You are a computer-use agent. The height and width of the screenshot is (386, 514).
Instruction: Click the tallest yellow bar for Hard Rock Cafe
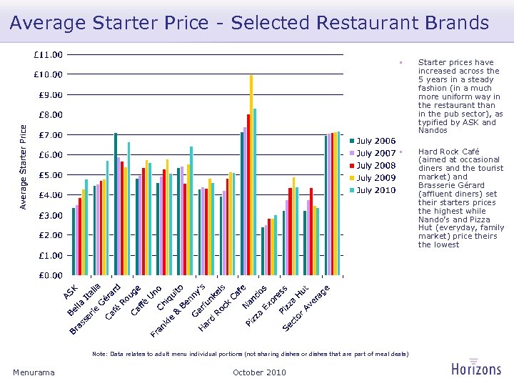point(251,175)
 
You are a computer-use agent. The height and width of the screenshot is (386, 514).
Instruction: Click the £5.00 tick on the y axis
point(50,175)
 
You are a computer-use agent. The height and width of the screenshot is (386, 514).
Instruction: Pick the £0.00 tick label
point(50,275)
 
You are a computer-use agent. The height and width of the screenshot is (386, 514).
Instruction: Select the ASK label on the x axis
point(71,292)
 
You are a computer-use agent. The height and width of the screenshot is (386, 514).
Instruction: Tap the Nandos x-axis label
point(255,297)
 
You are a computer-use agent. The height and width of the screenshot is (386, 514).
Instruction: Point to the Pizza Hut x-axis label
point(293,300)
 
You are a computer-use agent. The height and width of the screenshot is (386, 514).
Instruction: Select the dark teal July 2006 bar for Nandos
point(263,251)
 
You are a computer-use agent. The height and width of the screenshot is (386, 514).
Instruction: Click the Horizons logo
point(476,368)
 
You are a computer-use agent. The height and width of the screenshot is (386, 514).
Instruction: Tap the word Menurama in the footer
point(34,372)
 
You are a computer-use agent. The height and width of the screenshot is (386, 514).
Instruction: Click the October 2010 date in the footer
point(259,372)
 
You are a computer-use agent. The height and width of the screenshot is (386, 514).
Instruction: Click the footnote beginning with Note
point(251,354)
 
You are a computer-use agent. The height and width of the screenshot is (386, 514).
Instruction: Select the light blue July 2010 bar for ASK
point(86,227)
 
